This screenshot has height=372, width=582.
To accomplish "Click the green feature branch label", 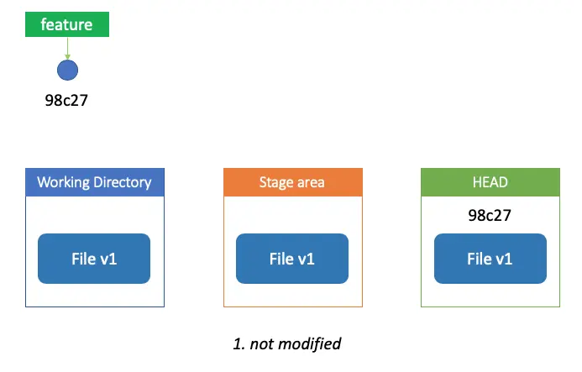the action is coord(67,24).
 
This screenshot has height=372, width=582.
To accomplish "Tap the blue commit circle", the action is coord(67,71).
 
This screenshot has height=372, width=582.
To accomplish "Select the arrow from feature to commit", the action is coord(67,48).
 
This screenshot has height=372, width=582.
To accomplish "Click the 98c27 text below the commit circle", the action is coord(66,101).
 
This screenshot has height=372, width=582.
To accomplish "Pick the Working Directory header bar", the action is coord(95,182).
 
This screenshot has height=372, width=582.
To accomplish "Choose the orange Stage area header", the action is coord(293,182).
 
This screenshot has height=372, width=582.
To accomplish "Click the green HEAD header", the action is coord(490,182).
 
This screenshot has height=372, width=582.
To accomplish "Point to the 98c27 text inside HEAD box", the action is coord(490,215).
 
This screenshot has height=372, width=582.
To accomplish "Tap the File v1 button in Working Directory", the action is coord(94,259).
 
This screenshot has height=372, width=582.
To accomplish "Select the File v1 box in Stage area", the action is coord(292,259).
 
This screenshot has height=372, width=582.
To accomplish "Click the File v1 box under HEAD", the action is coord(490,259).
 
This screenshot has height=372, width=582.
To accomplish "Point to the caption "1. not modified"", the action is coord(287,343).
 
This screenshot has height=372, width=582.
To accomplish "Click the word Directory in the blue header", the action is coord(123,183).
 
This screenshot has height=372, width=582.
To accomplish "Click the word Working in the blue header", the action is coord(64,183).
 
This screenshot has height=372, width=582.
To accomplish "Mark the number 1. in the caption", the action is coord(239,344).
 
